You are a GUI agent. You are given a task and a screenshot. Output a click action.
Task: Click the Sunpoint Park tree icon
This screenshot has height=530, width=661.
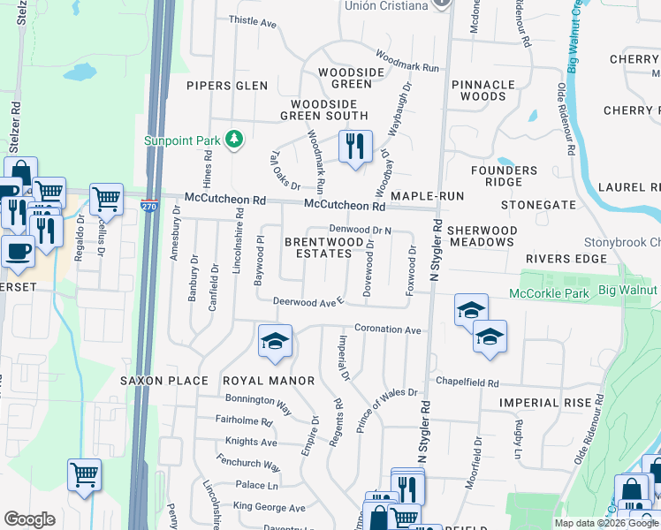(x=234, y=139)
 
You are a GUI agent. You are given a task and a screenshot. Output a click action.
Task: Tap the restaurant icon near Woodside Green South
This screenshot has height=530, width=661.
(x=354, y=147)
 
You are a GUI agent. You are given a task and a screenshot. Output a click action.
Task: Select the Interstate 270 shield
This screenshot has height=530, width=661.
(x=148, y=205)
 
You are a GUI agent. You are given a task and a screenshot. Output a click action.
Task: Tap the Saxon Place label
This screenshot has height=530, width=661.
(x=164, y=381)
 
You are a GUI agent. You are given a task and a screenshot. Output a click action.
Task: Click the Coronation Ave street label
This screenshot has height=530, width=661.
(x=388, y=329)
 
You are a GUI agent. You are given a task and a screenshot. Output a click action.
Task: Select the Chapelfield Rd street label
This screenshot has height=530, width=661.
(x=467, y=383)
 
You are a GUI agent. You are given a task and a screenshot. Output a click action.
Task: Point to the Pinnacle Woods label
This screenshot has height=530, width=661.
(x=482, y=90)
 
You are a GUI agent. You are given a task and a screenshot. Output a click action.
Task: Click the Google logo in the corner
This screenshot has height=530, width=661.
(x=29, y=519)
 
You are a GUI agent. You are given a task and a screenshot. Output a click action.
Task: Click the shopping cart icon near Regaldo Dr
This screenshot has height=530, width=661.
(x=106, y=200)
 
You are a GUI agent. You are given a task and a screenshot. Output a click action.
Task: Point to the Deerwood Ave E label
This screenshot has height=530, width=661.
(x=308, y=301)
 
